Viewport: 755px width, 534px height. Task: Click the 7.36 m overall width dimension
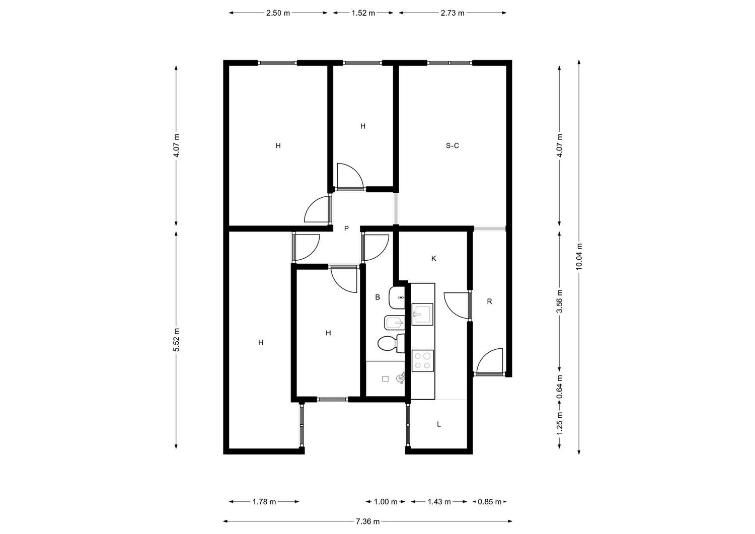point(367,521)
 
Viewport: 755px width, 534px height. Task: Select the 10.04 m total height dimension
point(579,257)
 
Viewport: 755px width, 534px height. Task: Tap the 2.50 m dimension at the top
point(278,13)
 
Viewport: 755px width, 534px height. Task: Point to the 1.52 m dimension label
point(363,13)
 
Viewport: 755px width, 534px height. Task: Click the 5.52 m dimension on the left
point(176,340)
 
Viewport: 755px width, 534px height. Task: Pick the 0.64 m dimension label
point(560,387)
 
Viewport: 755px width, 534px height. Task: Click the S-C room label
point(452,145)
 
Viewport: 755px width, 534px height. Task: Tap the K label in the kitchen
point(434,259)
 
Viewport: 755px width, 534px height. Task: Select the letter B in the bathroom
point(377,297)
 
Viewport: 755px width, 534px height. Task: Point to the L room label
point(439,424)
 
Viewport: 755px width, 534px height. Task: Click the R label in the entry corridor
point(489,301)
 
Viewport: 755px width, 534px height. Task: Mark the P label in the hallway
point(346,228)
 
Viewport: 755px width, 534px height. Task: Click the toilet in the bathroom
point(391,344)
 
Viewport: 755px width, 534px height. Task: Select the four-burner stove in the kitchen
point(423,361)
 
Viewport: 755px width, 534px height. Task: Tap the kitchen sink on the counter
point(422,314)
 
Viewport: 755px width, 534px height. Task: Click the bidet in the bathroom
point(394,323)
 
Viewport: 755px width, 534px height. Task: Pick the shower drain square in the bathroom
point(385,379)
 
